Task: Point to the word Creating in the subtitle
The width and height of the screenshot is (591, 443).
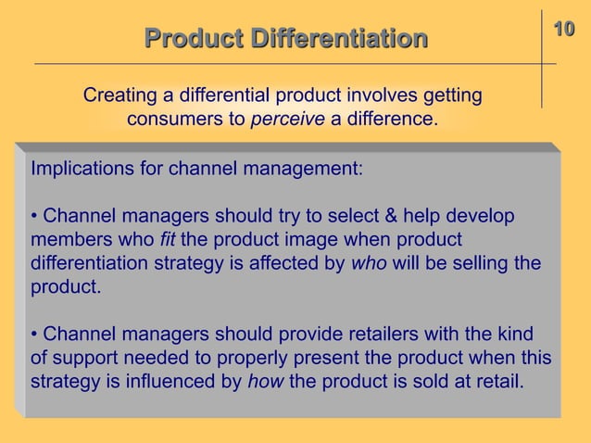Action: [117, 95]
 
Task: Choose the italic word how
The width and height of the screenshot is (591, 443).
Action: [265, 380]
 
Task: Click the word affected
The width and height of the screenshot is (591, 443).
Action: [283, 264]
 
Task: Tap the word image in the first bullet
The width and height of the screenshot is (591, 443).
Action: [292, 241]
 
